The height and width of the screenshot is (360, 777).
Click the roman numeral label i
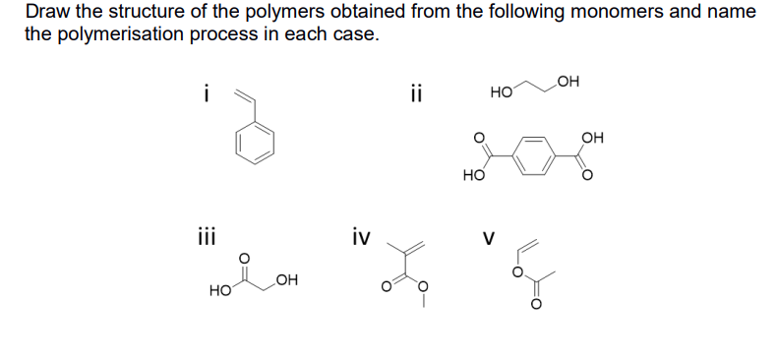tap(206, 95)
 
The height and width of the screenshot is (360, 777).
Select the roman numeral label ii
tap(417, 95)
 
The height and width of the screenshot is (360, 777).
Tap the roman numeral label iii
tap(206, 237)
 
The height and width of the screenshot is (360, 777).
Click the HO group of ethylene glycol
tap(500, 91)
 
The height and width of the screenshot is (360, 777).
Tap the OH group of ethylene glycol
tap(568, 81)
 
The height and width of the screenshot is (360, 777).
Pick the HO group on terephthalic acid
tap(472, 178)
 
